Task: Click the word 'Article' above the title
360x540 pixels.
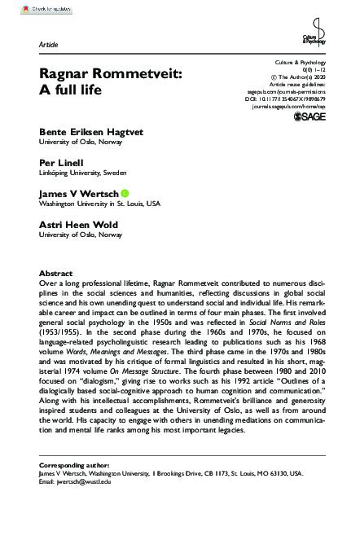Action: [x=48, y=43]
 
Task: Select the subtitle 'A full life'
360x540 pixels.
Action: [x=72, y=89]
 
